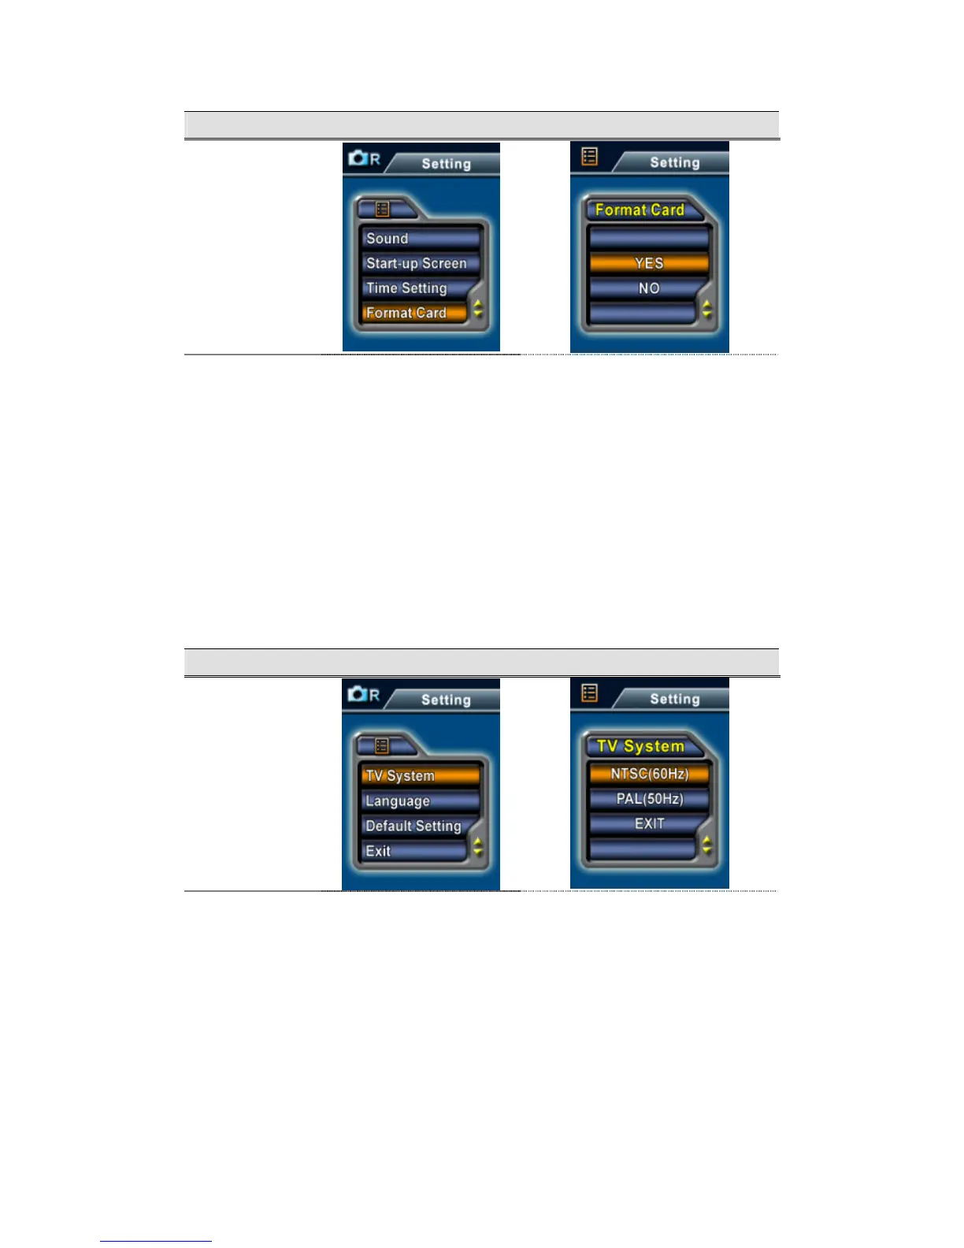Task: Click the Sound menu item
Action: [421, 239]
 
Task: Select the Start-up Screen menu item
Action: [421, 264]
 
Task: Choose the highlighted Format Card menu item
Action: [413, 313]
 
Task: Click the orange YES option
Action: [649, 263]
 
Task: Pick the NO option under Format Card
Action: [649, 288]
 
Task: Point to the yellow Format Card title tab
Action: [640, 210]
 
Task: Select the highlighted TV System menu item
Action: [421, 775]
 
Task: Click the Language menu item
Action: [421, 801]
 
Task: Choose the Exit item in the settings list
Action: [413, 851]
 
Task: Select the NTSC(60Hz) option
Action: [649, 774]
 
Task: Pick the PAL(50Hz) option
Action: [649, 799]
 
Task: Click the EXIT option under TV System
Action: [649, 823]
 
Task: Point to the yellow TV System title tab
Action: [640, 746]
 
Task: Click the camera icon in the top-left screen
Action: [358, 158]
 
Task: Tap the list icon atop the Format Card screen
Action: [589, 157]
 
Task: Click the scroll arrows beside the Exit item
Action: [477, 847]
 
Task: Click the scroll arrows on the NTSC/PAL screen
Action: [706, 845]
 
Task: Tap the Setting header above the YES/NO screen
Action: [674, 163]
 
